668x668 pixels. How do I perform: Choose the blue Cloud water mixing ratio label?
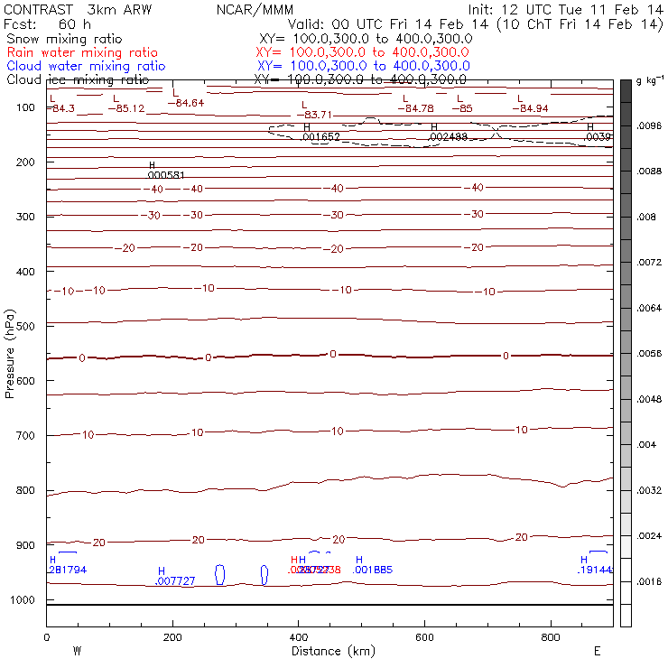coord(86,66)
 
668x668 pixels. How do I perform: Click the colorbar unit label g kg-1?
coord(649,81)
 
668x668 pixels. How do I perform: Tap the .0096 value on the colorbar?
coord(650,126)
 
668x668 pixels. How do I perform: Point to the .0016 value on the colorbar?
coord(650,582)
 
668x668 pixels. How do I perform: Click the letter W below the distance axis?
coord(78,651)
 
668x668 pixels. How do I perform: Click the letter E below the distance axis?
coord(597,651)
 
